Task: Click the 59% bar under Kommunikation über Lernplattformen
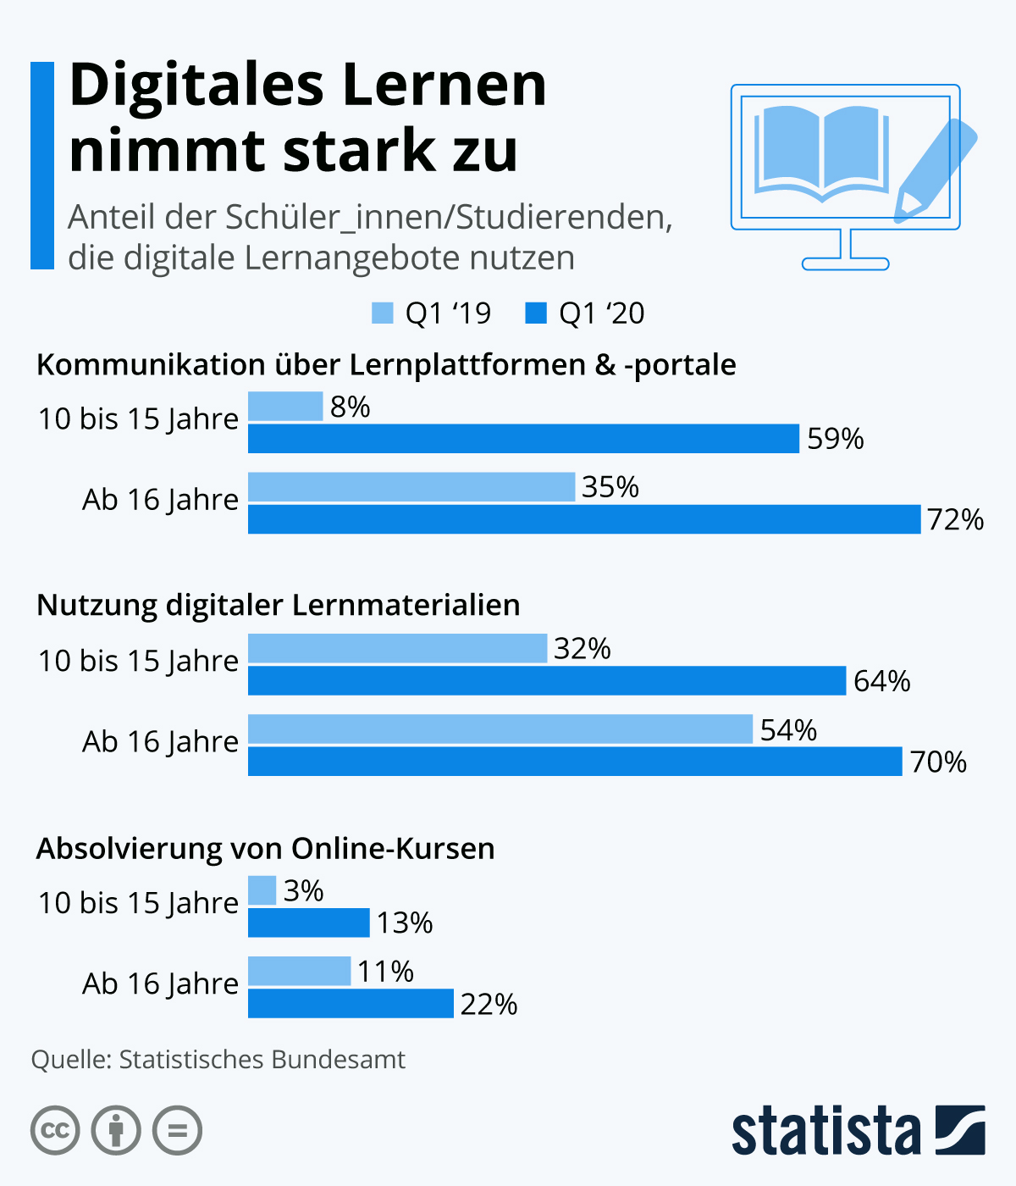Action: coord(523,439)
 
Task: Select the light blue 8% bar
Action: coord(285,407)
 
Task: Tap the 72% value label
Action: coord(955,519)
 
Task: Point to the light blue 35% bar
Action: coord(411,487)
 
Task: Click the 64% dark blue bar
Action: coord(547,681)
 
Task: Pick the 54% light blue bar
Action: coord(500,729)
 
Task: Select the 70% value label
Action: coord(938,762)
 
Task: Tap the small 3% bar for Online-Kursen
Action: coord(262,890)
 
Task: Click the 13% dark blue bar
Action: coord(309,923)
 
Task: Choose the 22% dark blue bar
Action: coord(351,1004)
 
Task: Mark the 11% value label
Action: coord(385,972)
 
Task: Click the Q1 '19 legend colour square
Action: coord(383,313)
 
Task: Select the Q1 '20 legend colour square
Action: coord(536,313)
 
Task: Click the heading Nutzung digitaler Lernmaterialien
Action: coord(279,606)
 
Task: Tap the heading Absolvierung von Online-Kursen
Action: coord(266,848)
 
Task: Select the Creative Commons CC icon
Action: coord(56,1131)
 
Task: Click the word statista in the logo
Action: coord(825,1131)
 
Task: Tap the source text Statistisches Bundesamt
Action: coord(262,1060)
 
